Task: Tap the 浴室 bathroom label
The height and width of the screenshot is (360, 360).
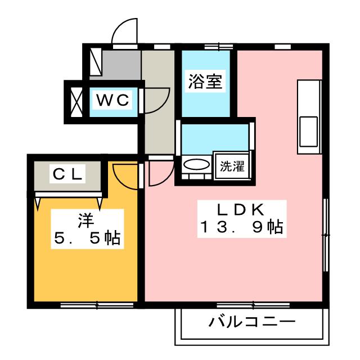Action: pos(205,83)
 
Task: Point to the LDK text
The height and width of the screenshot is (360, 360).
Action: pos(241,210)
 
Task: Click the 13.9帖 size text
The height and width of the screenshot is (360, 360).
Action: pos(241,228)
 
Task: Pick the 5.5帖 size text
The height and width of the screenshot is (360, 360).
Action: pos(87,238)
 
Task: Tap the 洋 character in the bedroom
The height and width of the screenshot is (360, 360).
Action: pos(85,220)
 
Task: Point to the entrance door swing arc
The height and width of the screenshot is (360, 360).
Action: pos(125,31)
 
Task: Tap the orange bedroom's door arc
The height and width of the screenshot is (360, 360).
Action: pos(125,173)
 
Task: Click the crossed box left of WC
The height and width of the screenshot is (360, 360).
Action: pos(75,101)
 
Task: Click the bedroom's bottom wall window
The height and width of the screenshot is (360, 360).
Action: pos(97,305)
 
